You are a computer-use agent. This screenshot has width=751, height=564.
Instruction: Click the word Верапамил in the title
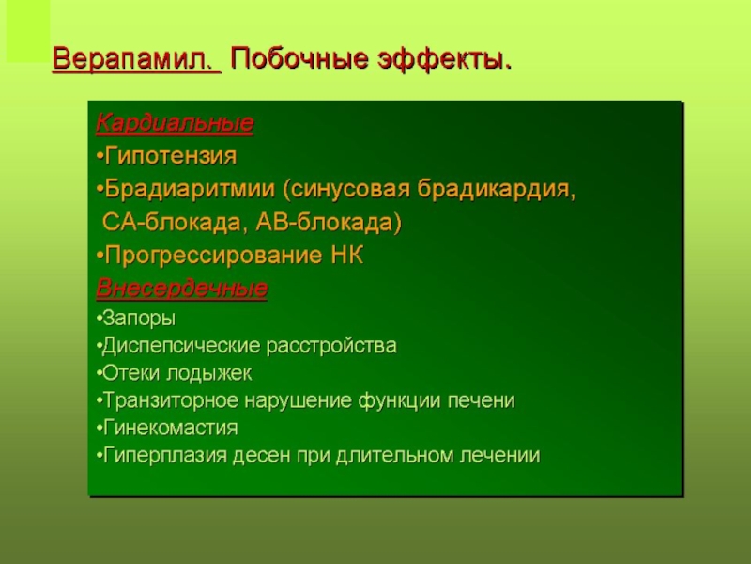coord(132,59)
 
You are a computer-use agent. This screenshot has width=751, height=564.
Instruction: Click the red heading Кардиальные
coord(175,123)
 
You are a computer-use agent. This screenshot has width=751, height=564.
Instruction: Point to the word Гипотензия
coord(171,156)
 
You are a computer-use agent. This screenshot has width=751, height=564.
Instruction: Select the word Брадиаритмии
coord(190,189)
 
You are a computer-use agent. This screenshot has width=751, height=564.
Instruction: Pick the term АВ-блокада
coord(324,222)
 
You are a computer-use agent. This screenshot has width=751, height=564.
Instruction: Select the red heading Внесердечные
coord(181,289)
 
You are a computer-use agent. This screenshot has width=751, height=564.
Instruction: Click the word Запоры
coord(139,319)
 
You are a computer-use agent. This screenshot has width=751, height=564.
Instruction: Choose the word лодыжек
coord(208,373)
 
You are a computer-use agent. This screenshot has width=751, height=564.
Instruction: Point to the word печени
coord(481,400)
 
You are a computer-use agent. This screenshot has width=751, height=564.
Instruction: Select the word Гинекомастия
coord(171,428)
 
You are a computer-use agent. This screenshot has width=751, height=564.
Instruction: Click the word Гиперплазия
coord(165,455)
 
